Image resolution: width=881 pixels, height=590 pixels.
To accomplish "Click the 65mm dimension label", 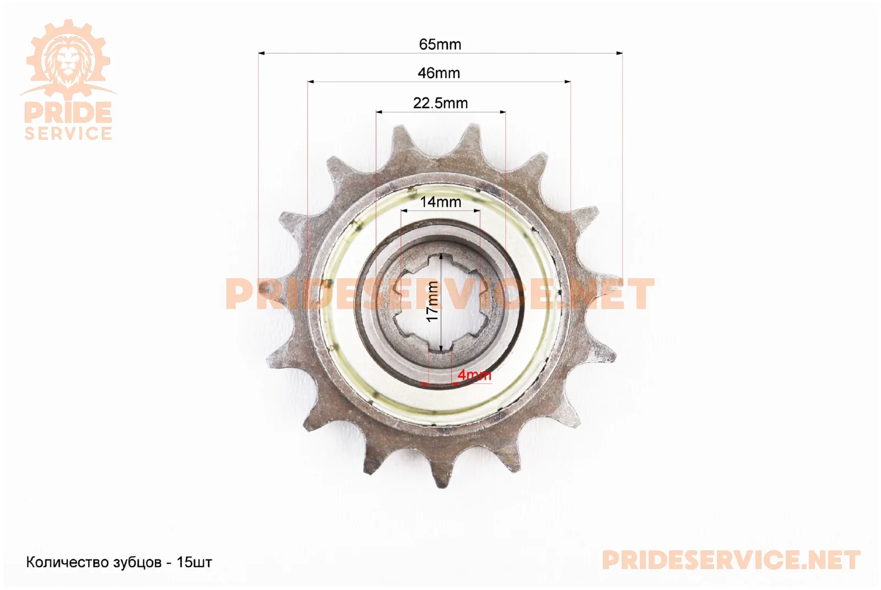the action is [x=440, y=45].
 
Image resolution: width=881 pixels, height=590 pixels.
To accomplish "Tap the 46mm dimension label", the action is [x=438, y=73].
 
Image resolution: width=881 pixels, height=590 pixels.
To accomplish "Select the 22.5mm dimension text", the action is [x=440, y=103].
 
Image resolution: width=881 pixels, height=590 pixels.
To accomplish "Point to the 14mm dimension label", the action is [x=440, y=202].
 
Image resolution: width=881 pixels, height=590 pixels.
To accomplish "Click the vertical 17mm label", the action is [x=433, y=301].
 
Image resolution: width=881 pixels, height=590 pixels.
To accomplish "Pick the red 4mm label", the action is [x=474, y=375].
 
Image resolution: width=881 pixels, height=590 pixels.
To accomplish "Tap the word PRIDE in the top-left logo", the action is [x=68, y=112].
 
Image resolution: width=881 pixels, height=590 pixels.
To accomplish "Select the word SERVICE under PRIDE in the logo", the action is [x=68, y=133].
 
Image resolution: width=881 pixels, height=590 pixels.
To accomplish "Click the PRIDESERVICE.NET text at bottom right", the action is [x=731, y=560].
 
